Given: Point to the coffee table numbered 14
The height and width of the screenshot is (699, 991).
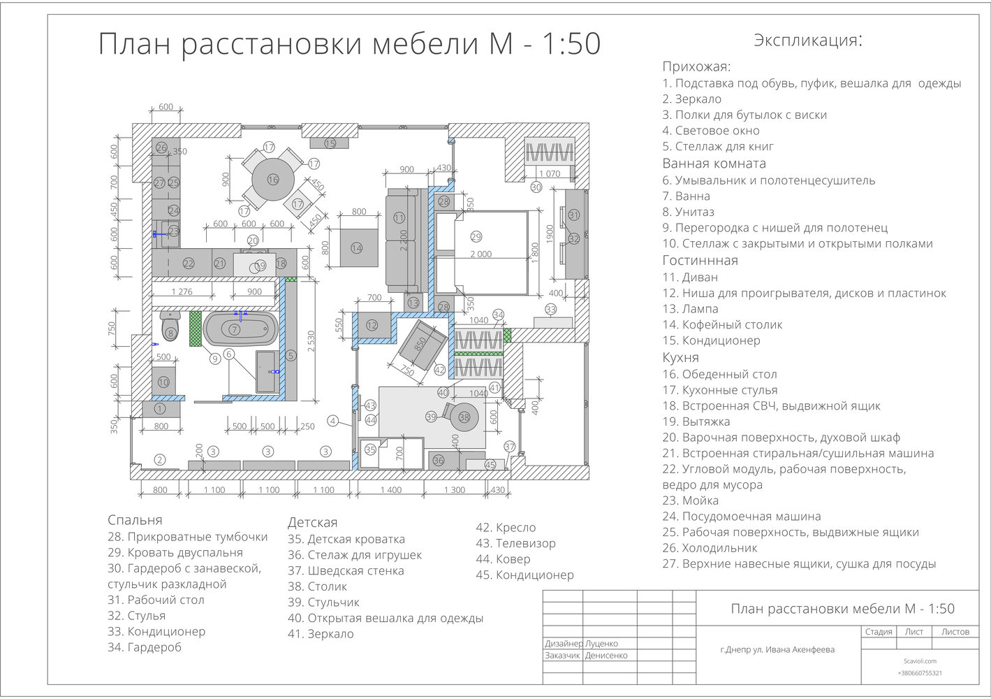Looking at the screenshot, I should pyautogui.click(x=357, y=248).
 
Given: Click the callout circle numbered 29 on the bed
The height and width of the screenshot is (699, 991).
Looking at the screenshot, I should pyautogui.click(x=476, y=236).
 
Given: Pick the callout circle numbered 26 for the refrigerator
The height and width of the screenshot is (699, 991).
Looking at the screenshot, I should pyautogui.click(x=161, y=148).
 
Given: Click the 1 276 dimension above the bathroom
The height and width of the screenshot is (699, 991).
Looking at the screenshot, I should pyautogui.click(x=182, y=292).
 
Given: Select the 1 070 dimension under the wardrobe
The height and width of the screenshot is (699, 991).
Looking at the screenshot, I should pyautogui.click(x=550, y=174).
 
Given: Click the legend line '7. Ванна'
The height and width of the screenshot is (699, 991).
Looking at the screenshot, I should pyautogui.click(x=687, y=196).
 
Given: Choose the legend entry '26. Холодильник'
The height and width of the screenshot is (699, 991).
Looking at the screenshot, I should pyautogui.click(x=710, y=548).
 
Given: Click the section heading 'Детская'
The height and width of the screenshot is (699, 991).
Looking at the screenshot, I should pyautogui.click(x=312, y=523).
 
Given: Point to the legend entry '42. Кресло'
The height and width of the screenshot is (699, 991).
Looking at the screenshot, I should pyautogui.click(x=506, y=528).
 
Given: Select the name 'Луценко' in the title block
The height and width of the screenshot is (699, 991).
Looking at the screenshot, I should pyautogui.click(x=601, y=644).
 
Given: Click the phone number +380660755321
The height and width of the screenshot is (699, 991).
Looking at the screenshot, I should pyautogui.click(x=919, y=673).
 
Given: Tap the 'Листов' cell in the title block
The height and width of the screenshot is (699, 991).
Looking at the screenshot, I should pyautogui.click(x=955, y=632).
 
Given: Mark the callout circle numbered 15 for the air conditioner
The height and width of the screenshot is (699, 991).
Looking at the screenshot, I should pyautogui.click(x=330, y=143).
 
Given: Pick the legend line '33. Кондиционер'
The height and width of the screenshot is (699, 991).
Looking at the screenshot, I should pyautogui.click(x=156, y=632).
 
